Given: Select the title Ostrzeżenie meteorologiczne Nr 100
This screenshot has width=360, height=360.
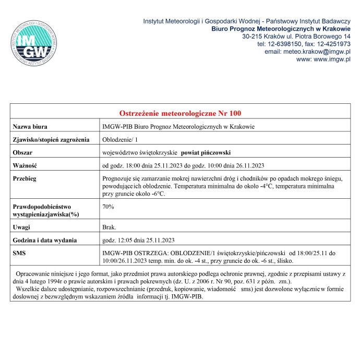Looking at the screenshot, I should point(180,113).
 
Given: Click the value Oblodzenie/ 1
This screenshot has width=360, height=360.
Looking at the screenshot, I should point(121,140).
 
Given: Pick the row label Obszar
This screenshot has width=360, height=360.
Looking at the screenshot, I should point(23,153).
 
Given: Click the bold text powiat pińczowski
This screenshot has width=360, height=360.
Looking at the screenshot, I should point(206,153).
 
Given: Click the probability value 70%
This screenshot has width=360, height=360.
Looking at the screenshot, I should point(109,207).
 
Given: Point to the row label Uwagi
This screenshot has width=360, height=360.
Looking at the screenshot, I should point(22,227).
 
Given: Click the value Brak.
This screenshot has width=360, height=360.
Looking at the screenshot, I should point(110,227).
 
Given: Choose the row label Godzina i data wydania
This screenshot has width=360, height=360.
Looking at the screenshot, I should point(45,241).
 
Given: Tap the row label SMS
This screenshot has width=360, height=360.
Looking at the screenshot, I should point(19,253).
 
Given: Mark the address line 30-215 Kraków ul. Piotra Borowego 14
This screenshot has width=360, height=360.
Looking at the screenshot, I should point(296,37).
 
